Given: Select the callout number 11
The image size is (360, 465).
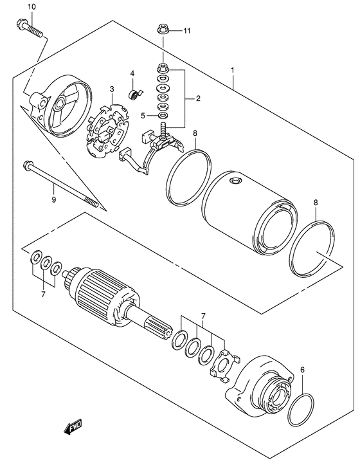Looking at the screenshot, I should point(187,30).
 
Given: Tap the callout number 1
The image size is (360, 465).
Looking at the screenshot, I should point(233,69).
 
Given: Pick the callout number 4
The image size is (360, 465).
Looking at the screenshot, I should point(132,73).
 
